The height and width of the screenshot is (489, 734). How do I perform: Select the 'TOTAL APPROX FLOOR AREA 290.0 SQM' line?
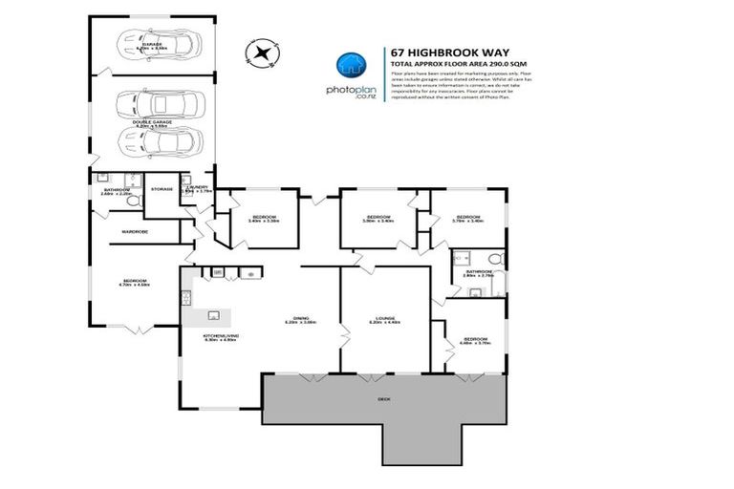pos(459,64)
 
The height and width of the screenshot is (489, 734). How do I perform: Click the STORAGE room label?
pos(162,189)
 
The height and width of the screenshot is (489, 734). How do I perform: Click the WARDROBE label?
pos(134,232)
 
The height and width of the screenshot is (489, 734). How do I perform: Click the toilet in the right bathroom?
pos(490,259)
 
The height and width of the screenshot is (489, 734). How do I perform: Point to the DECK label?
pos(383,398)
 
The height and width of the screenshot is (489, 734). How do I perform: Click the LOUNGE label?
pos(383,318)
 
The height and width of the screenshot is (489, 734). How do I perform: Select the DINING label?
pos(300,319)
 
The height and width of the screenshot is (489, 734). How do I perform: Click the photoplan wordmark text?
pos(351,88)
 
